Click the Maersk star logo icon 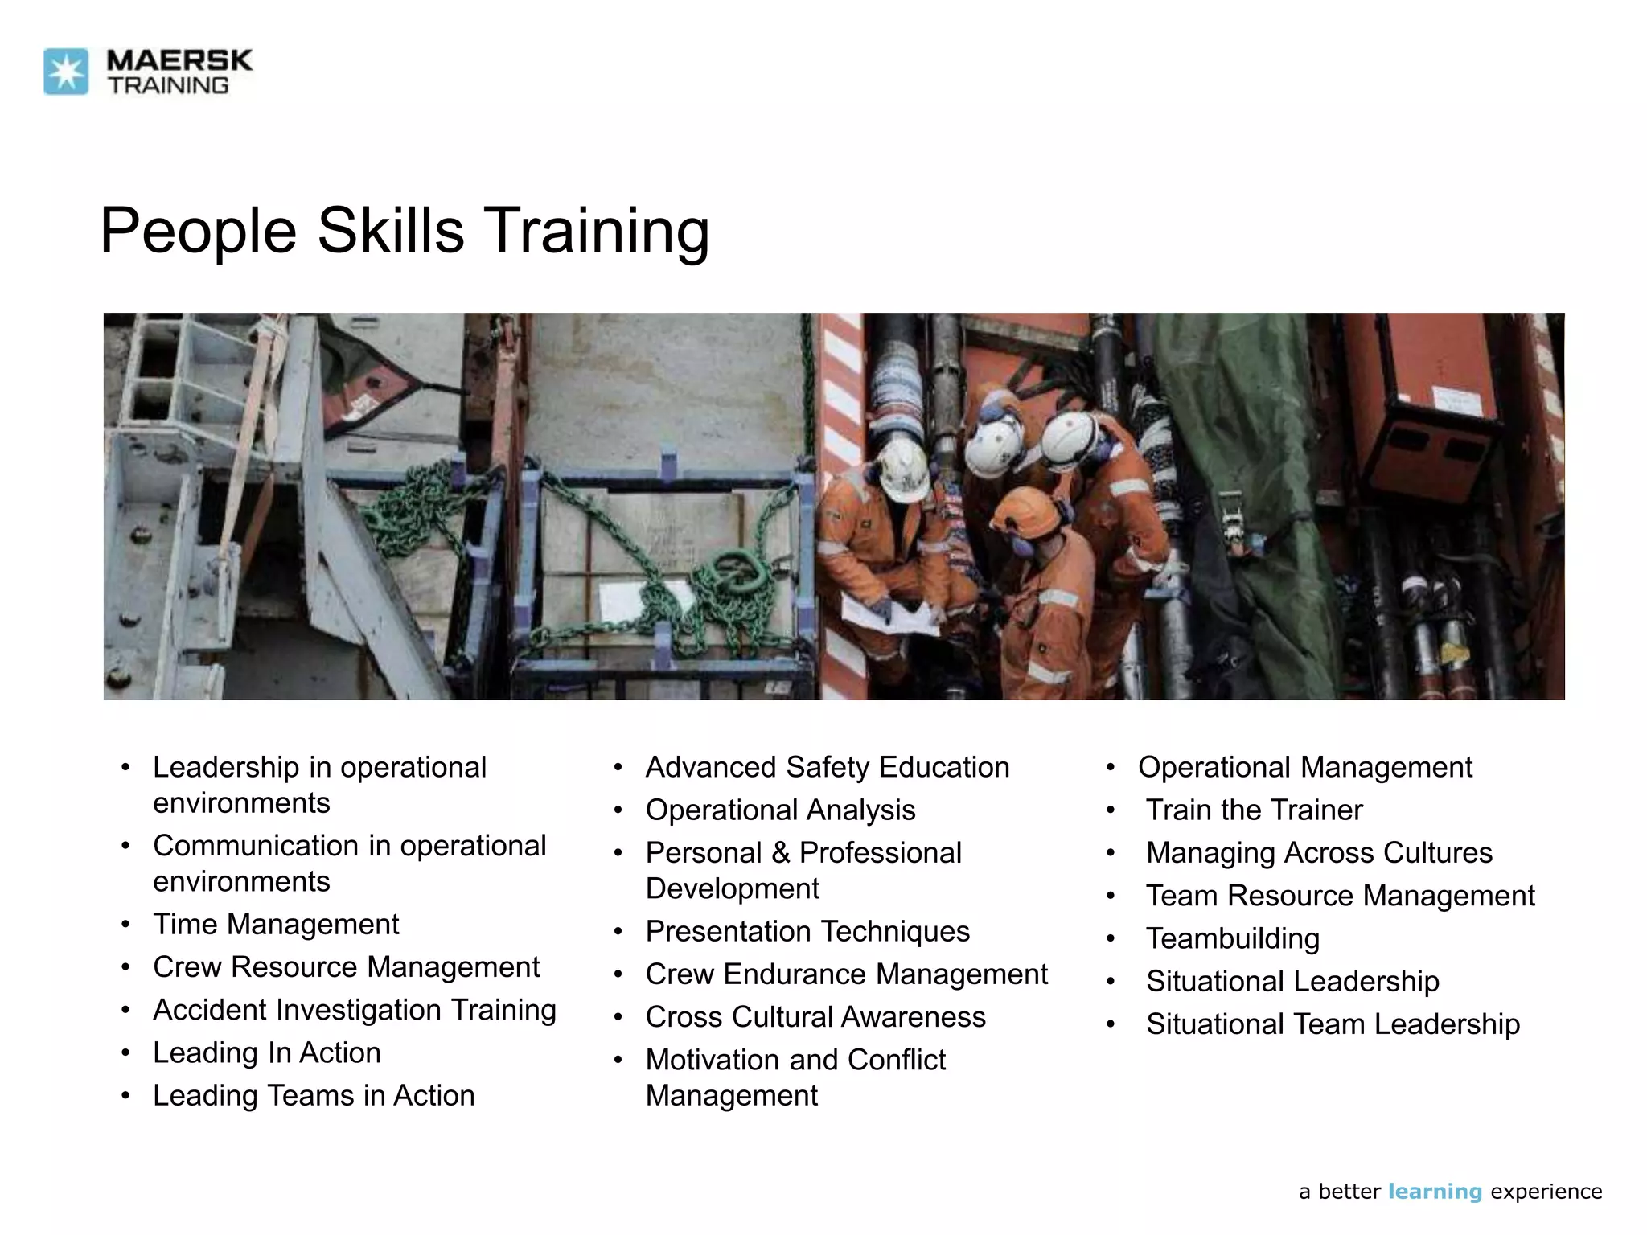pyautogui.click(x=66, y=72)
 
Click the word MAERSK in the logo pyautogui.click(x=179, y=60)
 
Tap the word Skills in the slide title pyautogui.click(x=391, y=231)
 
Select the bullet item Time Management pyautogui.click(x=276, y=925)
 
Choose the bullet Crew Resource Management pyautogui.click(x=346, y=967)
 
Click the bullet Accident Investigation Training pyautogui.click(x=354, y=1010)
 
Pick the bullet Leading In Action pyautogui.click(x=266, y=1052)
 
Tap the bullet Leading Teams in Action pyautogui.click(x=314, y=1095)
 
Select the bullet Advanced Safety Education pyautogui.click(x=827, y=767)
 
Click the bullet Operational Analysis pyautogui.click(x=780, y=810)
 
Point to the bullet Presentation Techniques pyautogui.click(x=807, y=931)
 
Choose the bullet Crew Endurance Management pyautogui.click(x=846, y=974)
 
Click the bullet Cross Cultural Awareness pyautogui.click(x=815, y=1017)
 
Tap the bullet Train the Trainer pyautogui.click(x=1254, y=810)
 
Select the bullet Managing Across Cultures pyautogui.click(x=1319, y=852)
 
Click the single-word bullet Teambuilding pyautogui.click(x=1232, y=938)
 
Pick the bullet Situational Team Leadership pyautogui.click(x=1333, y=1024)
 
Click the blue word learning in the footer pyautogui.click(x=1435, y=1192)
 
